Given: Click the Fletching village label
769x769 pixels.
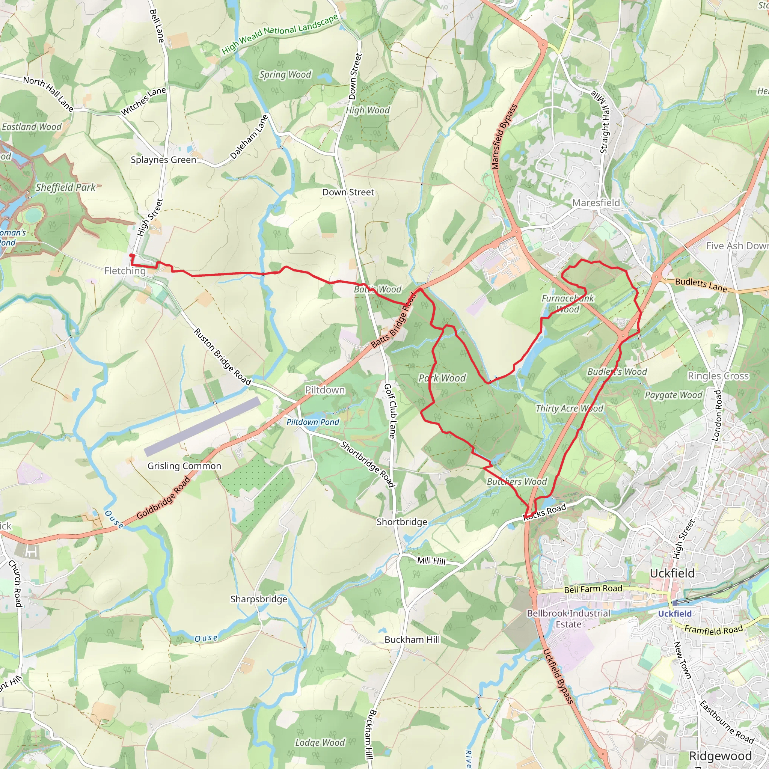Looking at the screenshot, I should [125, 271].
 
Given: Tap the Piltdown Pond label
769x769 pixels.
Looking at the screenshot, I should [313, 422].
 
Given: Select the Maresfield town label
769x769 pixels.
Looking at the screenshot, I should [596, 203].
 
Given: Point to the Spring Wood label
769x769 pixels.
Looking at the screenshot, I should [285, 75].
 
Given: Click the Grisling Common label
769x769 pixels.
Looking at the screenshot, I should [184, 466].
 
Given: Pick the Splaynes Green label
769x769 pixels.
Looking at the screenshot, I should [164, 160].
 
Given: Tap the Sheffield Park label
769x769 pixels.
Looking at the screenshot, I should [66, 187].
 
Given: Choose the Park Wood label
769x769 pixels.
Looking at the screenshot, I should [442, 378].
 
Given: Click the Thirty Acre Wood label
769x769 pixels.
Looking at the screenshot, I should [569, 409].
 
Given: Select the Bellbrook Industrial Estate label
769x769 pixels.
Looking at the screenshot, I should [568, 618].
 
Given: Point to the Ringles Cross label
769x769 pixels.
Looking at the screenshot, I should [718, 376].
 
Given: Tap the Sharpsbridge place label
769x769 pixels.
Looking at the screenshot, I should [259, 599].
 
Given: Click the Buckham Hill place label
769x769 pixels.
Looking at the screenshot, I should [412, 639].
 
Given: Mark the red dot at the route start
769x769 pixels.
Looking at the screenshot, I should [131, 256].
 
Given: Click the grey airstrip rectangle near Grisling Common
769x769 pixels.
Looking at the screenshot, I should [202, 426].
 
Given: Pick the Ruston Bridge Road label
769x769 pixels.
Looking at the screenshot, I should [223, 357].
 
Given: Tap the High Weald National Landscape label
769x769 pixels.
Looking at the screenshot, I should [280, 33].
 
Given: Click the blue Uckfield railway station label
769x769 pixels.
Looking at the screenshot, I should [675, 614].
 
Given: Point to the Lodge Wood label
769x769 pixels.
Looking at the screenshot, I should [320, 742].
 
